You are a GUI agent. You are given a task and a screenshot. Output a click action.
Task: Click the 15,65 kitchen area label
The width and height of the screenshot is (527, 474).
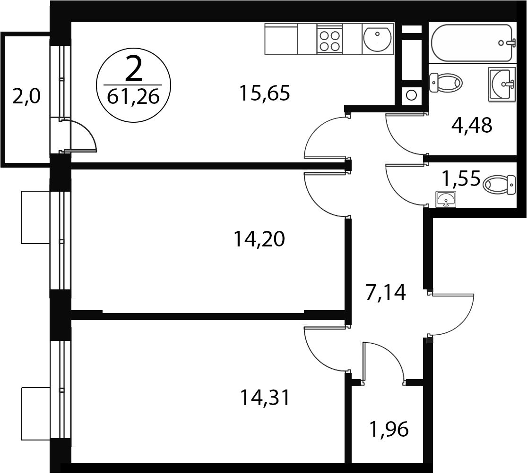[x=264, y=93]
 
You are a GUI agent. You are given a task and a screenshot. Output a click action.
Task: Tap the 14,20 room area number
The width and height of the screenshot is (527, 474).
[x=259, y=239]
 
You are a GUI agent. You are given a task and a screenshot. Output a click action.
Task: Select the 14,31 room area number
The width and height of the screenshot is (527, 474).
[x=265, y=398]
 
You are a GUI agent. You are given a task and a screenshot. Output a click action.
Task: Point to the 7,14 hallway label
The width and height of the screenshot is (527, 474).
[x=386, y=292]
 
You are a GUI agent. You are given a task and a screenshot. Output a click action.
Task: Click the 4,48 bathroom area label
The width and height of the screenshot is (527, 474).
[x=472, y=125]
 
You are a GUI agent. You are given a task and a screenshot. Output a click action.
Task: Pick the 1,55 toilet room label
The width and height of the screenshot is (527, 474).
[x=461, y=178]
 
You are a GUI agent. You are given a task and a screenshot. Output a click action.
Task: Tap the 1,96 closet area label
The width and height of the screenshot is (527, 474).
[x=389, y=429]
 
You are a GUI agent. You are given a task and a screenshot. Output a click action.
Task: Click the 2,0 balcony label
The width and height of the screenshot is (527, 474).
[x=26, y=97]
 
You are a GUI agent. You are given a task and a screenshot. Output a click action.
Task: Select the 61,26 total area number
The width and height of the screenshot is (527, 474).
[x=133, y=97]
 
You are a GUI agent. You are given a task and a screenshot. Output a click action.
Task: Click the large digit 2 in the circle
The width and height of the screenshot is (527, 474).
[x=133, y=69]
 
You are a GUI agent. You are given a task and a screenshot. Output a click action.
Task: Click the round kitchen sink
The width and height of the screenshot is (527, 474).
[x=378, y=39]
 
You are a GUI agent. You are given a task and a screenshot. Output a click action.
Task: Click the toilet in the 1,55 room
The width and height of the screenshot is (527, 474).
[x=499, y=185]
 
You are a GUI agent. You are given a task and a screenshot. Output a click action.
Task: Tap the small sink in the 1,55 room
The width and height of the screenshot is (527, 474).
[x=446, y=199]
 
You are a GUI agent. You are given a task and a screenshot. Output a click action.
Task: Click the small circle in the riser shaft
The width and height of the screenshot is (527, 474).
[x=411, y=95]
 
